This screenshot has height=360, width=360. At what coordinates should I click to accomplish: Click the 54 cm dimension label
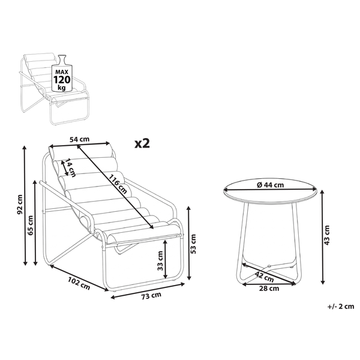(x=79, y=139)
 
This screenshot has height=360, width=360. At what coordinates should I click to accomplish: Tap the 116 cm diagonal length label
(x=118, y=184)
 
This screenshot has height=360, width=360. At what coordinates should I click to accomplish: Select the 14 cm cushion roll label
(x=70, y=168)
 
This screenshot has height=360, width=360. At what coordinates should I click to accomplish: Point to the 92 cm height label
(x=20, y=205)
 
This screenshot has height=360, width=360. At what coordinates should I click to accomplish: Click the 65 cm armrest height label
(x=30, y=225)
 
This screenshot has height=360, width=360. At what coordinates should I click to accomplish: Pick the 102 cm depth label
(x=79, y=283)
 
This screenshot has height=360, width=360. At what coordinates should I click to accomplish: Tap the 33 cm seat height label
(x=160, y=260)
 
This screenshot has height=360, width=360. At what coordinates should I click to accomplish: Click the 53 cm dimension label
(x=193, y=244)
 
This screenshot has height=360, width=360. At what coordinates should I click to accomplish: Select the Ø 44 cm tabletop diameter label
(x=270, y=185)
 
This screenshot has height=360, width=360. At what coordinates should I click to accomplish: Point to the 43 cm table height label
(x=327, y=235)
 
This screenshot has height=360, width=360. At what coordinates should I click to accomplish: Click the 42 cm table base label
(x=264, y=277)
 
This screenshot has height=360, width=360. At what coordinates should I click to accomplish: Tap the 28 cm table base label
(x=269, y=289)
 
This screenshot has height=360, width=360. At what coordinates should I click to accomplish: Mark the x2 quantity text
(x=142, y=144)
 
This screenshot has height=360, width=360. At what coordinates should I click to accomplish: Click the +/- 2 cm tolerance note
(x=341, y=306)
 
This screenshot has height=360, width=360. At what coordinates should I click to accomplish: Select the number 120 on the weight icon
(x=62, y=80)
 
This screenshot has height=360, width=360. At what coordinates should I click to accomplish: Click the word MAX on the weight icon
(x=62, y=72)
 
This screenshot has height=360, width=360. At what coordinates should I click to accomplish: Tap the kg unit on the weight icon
(x=62, y=88)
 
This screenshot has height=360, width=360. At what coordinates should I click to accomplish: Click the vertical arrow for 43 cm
(x=323, y=237)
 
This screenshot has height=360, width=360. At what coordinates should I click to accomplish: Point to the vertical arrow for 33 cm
(x=166, y=259)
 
